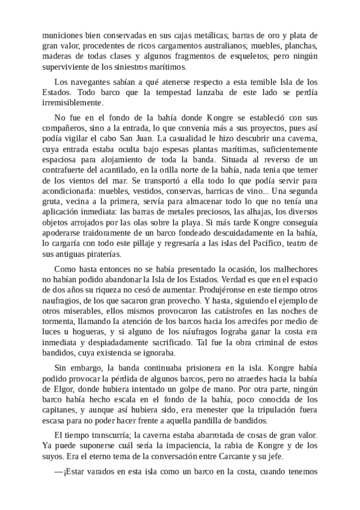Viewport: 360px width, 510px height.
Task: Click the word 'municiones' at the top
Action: tap(61, 35)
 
